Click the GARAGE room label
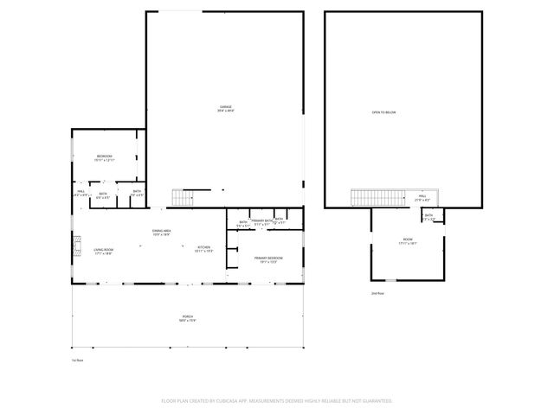(x=225, y=108)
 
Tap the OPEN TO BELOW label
(x=383, y=112)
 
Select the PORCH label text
(x=188, y=317)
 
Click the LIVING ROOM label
(x=103, y=250)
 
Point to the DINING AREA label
(x=162, y=231)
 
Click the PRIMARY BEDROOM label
(x=268, y=258)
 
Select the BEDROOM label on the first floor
(x=104, y=156)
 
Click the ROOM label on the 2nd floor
(x=408, y=239)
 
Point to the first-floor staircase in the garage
(x=182, y=198)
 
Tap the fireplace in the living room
(x=75, y=248)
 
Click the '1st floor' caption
(x=76, y=361)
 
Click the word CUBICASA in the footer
(x=225, y=401)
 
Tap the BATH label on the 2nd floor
(x=428, y=215)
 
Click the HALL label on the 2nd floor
(x=423, y=196)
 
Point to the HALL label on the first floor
(x=81, y=194)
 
